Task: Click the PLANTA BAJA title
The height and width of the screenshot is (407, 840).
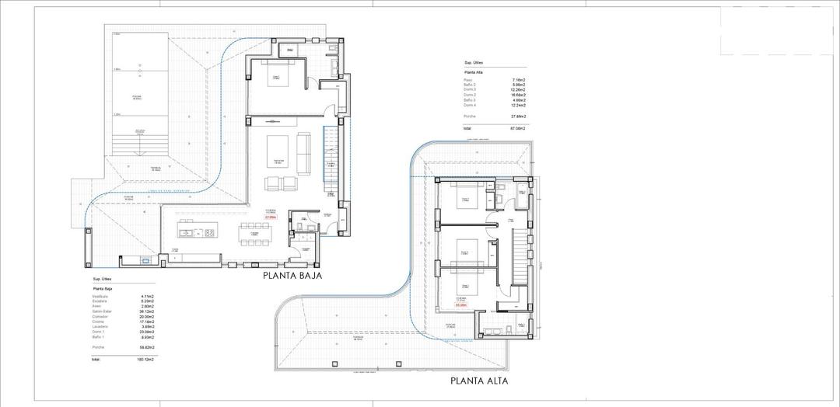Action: pyautogui.click(x=292, y=275)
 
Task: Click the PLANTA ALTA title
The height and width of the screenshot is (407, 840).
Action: pyautogui.click(x=479, y=381)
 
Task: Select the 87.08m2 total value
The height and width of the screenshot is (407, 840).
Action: pyautogui.click(x=517, y=127)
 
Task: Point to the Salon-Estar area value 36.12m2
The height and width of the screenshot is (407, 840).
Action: pyautogui.click(x=146, y=311)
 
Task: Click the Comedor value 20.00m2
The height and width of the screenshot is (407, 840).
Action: pyautogui.click(x=146, y=317)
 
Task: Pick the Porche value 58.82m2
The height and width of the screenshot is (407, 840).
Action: pyautogui.click(x=146, y=347)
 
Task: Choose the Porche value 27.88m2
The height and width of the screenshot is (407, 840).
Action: pyautogui.click(x=517, y=116)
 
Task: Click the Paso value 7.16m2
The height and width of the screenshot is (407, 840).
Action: pyautogui.click(x=519, y=80)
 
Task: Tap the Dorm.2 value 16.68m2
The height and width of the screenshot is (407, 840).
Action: pyautogui.click(x=517, y=95)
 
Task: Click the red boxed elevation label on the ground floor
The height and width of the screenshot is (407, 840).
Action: pyautogui.click(x=271, y=217)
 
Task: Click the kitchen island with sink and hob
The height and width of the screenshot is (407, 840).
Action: pyautogui.click(x=198, y=231)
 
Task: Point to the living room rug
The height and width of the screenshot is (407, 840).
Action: pyautogui.click(x=278, y=150)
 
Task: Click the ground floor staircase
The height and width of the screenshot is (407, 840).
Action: pyautogui.click(x=332, y=158)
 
